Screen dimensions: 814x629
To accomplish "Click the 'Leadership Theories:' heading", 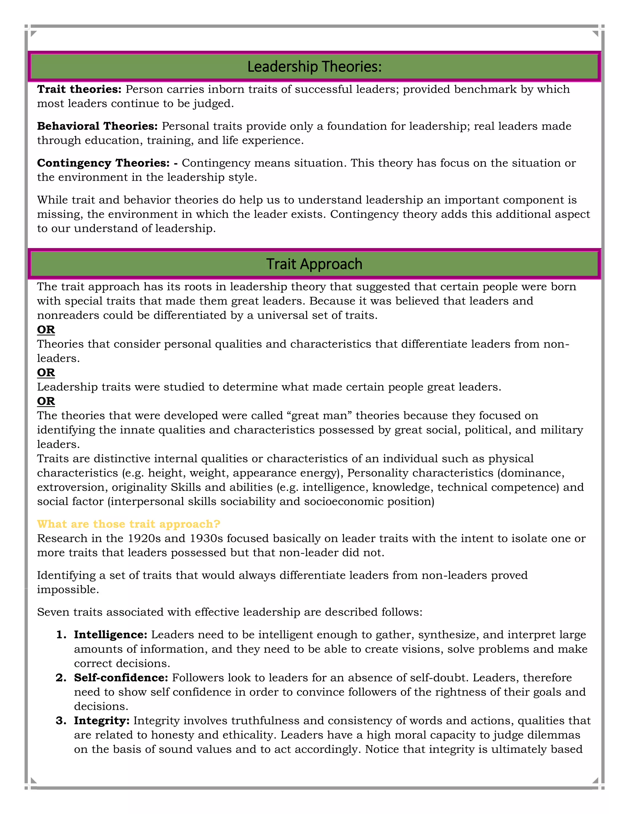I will pos(314,67).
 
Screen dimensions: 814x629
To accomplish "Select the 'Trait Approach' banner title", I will pos(314,264).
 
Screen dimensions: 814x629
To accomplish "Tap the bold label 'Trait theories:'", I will pos(79,89).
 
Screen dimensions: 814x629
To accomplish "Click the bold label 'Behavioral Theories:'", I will pos(97,126).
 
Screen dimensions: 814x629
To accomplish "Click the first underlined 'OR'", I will pos(46,330).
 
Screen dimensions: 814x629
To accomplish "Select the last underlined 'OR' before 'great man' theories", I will pos(46,401).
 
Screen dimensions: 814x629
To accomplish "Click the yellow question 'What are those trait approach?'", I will pos(129,524).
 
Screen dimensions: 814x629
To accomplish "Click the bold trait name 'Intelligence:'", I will pos(111,635).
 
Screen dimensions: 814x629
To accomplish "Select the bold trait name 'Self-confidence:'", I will pos(121,678).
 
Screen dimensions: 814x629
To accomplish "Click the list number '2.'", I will pos(61,678).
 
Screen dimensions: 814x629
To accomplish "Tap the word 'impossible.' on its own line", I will pos(68,590).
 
